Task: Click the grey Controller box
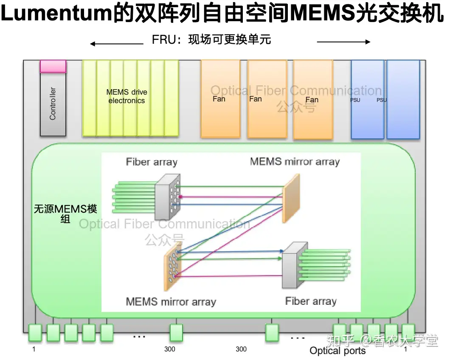(53, 104)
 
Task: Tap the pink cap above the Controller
(53, 66)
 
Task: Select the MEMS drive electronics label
(127, 96)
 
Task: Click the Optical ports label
(337, 351)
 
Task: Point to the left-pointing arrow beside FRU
(116, 44)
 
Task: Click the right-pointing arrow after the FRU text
(343, 42)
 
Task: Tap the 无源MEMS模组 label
(65, 214)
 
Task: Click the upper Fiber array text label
(152, 162)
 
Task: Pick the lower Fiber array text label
(311, 301)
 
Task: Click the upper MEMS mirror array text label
(295, 162)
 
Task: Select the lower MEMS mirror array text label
(171, 302)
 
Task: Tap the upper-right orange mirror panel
(291, 198)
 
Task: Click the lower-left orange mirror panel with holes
(173, 267)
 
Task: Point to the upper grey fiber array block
(168, 197)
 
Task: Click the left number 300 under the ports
(170, 349)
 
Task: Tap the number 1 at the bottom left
(34, 349)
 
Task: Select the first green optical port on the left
(35, 333)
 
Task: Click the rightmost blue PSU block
(403, 99)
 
